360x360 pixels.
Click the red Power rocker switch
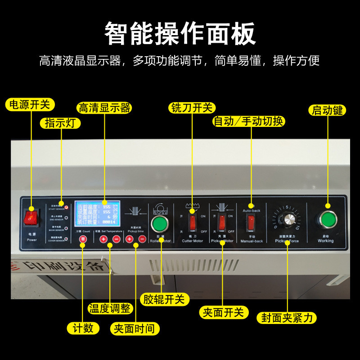(31, 219)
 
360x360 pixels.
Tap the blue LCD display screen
(98, 213)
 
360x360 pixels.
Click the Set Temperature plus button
(103, 239)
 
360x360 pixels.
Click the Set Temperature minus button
(116, 239)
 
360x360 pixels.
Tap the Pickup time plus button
(130, 239)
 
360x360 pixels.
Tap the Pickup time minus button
(142, 239)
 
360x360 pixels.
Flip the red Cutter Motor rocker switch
(193, 223)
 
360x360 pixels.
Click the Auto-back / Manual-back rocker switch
(251, 222)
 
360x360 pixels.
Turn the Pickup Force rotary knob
(287, 220)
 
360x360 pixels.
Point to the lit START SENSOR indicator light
(66, 207)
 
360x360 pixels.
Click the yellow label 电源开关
(30, 104)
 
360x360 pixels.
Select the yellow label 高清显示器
(104, 108)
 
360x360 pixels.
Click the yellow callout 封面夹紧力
(287, 318)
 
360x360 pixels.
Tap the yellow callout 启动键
(327, 110)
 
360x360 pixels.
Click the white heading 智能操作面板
(180, 33)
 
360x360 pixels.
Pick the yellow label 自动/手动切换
(249, 121)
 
